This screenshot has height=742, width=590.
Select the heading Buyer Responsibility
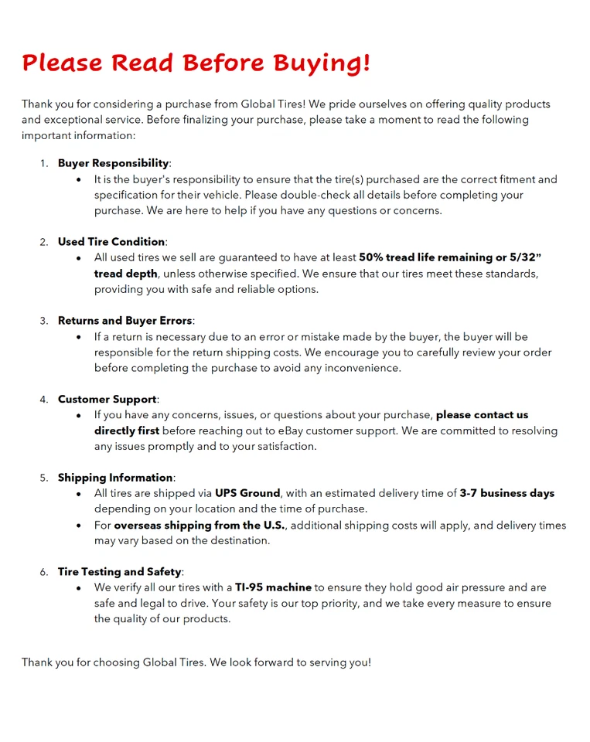pos(113,163)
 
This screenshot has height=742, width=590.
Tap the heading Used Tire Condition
pos(111,242)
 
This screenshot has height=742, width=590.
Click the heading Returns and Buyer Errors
pos(124,321)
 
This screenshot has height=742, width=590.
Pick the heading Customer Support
pos(107,400)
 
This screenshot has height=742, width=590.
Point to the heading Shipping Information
pos(115,478)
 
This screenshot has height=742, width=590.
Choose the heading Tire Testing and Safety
pos(119,572)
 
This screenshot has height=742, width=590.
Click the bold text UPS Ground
pos(247,493)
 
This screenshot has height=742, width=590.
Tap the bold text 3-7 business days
pos(506,493)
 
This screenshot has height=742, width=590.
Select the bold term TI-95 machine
pos(273,587)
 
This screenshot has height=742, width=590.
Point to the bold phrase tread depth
pos(126,274)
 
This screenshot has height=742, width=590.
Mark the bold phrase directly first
pos(127,431)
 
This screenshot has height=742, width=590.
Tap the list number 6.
pos(43,572)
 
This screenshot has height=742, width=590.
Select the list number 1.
pos(43,163)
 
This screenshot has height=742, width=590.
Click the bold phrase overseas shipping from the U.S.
pos(200,526)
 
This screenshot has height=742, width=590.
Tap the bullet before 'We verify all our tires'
pos(79,587)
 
